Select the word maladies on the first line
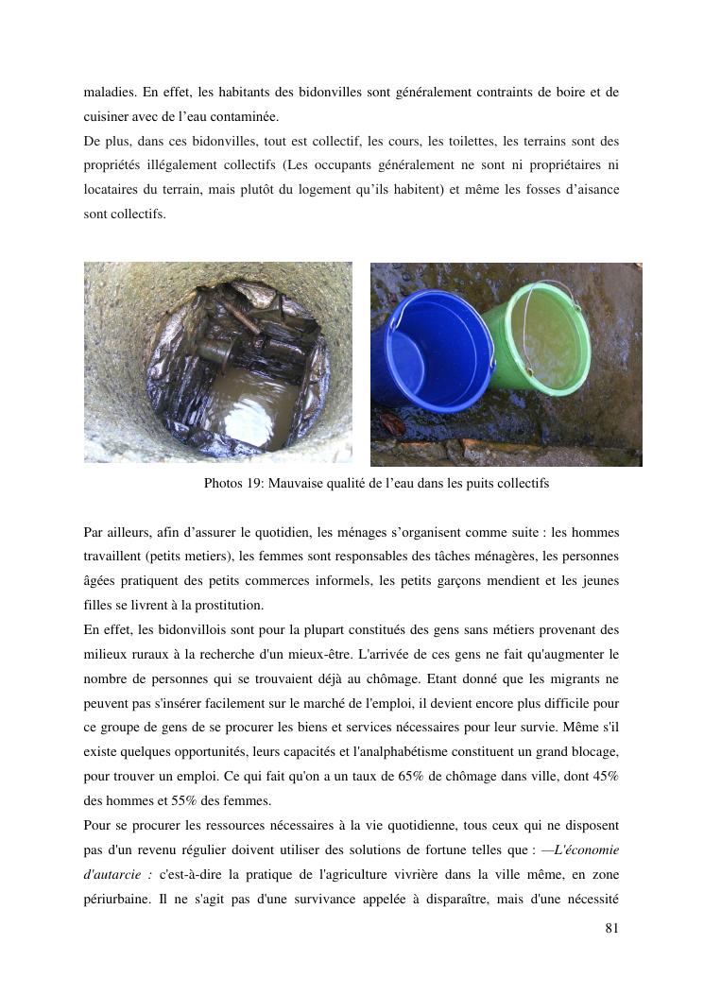(109, 93)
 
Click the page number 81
(611, 929)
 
